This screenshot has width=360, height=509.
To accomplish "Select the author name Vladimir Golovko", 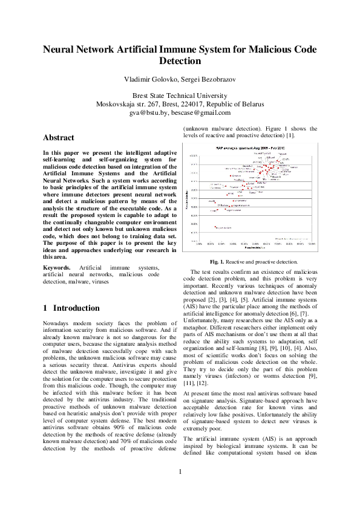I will point(149,80).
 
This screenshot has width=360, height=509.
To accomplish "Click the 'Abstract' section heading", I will point(59,137).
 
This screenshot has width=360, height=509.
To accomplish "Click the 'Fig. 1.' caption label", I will point(217,262).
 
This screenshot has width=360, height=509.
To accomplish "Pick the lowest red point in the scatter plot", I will point(217,227).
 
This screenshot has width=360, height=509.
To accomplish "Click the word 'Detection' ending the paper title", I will point(180,61).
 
